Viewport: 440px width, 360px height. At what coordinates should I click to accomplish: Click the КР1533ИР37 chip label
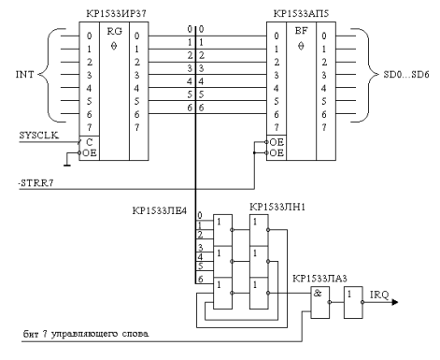click(x=116, y=14)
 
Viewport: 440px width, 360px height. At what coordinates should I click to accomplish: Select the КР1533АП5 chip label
click(x=301, y=14)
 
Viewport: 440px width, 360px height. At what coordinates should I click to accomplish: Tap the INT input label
click(x=24, y=75)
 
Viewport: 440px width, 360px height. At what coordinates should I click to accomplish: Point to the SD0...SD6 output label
click(x=406, y=75)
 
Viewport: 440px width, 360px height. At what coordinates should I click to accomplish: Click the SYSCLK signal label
click(x=39, y=136)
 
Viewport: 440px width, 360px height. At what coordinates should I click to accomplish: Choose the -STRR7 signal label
click(x=35, y=183)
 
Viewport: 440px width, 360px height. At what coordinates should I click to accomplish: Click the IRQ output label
click(x=379, y=295)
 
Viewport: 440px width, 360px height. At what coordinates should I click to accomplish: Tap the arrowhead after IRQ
click(x=395, y=302)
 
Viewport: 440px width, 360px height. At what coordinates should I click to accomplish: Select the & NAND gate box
click(x=320, y=302)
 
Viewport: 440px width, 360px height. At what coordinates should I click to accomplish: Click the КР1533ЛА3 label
click(x=319, y=279)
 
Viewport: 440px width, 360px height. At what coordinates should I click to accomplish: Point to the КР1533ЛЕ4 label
click(x=159, y=211)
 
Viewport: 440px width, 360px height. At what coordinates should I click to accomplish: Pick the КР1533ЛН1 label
click(x=277, y=207)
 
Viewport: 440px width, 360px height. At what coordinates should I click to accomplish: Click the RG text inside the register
click(x=114, y=32)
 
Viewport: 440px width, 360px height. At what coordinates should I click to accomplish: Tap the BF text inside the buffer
click(x=301, y=31)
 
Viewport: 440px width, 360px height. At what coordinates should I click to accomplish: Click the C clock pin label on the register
click(x=90, y=142)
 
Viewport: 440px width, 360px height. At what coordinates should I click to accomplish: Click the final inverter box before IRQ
click(x=353, y=302)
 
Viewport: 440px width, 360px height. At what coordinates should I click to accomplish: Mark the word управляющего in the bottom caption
click(x=84, y=334)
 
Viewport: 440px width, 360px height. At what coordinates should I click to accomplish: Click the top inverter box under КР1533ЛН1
click(x=259, y=230)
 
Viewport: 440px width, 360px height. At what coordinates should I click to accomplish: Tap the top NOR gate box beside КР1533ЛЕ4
click(x=222, y=230)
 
